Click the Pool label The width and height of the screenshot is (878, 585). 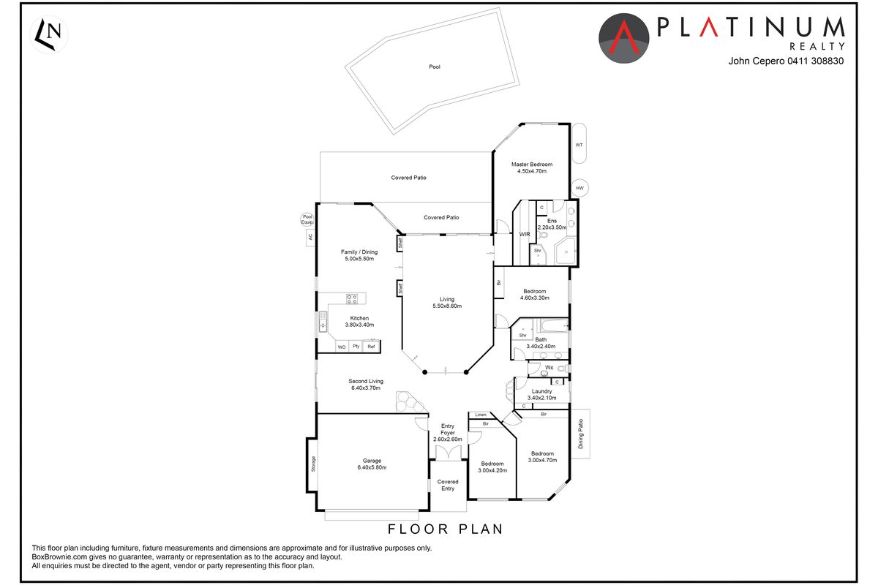pyautogui.click(x=435, y=67)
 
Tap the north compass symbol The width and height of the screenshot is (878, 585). pyautogui.click(x=49, y=34)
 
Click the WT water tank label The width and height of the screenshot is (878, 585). pyautogui.click(x=579, y=145)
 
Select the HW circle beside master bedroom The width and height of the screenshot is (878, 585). pyautogui.click(x=579, y=188)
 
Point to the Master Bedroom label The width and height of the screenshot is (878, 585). pyautogui.click(x=532, y=165)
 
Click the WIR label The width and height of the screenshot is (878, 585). pyautogui.click(x=525, y=234)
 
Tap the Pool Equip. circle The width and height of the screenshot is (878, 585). pyautogui.click(x=307, y=219)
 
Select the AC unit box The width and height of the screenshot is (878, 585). pyautogui.click(x=310, y=238)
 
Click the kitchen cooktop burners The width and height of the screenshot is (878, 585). pyautogui.click(x=352, y=299)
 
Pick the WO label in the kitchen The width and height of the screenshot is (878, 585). pyautogui.click(x=342, y=347)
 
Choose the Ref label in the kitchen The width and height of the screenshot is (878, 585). pyautogui.click(x=371, y=347)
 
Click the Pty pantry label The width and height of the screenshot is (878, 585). pyautogui.click(x=356, y=346)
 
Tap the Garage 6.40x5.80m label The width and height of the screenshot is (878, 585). pyautogui.click(x=372, y=464)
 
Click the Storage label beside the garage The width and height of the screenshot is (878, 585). pyautogui.click(x=313, y=464)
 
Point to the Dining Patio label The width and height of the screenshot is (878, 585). pyautogui.click(x=580, y=434)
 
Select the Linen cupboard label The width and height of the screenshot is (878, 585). pyautogui.click(x=481, y=415)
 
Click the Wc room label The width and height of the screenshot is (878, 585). pyautogui.click(x=549, y=368)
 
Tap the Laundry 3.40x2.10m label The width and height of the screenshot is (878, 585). pyautogui.click(x=541, y=394)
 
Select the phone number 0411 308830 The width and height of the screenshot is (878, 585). pyautogui.click(x=816, y=61)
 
